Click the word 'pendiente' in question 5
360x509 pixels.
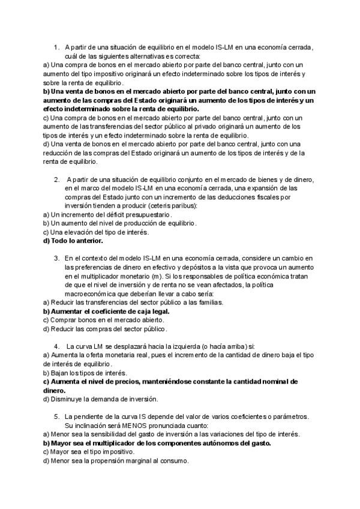[x=92, y=416]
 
